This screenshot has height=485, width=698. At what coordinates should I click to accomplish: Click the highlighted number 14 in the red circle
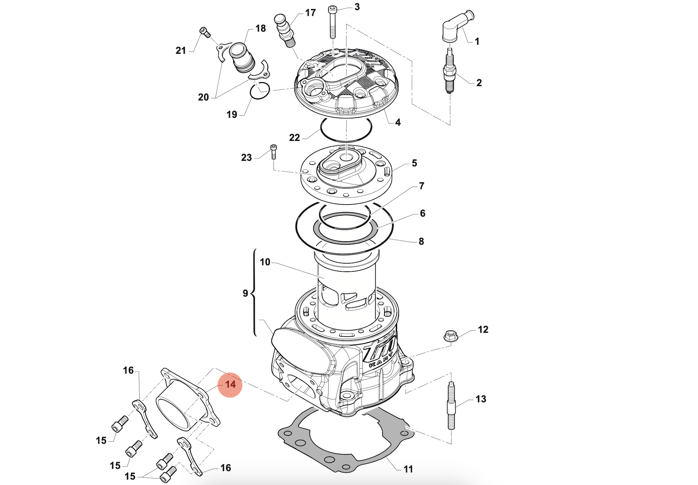[230, 385]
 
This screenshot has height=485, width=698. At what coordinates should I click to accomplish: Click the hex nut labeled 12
[451, 336]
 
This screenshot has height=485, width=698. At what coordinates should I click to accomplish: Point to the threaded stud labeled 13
[451, 406]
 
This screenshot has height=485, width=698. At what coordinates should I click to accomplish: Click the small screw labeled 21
[205, 32]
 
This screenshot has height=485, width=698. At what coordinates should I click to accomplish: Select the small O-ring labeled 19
[260, 91]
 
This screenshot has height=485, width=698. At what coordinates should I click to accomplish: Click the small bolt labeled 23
[274, 152]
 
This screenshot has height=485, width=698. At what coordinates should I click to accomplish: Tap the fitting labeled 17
[284, 29]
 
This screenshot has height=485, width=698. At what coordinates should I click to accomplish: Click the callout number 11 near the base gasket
[408, 469]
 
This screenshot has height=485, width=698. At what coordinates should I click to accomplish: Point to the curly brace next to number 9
[254, 292]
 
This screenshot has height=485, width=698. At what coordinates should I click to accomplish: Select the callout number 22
[294, 138]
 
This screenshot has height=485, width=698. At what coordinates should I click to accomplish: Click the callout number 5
[414, 163]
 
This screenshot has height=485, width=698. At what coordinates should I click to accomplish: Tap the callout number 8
[421, 241]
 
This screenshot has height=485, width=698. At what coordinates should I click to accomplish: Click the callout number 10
[265, 262]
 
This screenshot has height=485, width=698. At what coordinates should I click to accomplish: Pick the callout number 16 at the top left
[128, 370]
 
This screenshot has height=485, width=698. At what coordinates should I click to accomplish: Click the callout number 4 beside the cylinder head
[398, 122]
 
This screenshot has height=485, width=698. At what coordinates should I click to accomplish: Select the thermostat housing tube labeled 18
[242, 59]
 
